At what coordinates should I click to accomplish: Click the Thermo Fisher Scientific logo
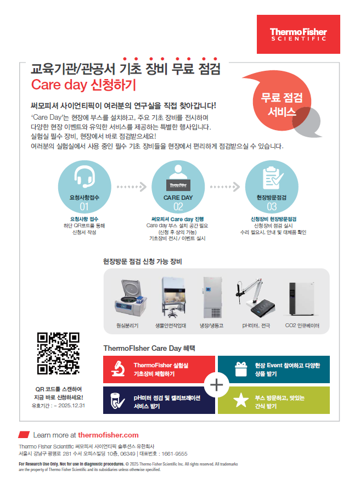tap(298, 34)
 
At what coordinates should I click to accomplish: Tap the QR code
tap(58, 353)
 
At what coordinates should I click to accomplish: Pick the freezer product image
tap(212, 297)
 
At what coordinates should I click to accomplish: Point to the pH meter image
tap(255, 298)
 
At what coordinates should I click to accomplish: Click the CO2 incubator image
tap(302, 299)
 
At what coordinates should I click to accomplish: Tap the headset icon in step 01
tap(85, 177)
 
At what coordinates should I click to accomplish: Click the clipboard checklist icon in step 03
tap(273, 178)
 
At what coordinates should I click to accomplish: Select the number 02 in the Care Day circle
tap(178, 206)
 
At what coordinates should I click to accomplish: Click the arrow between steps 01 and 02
tap(132, 187)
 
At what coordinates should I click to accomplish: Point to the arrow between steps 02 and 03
tap(225, 187)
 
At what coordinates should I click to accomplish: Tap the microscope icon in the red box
tap(118, 369)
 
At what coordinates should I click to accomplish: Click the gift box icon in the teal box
tap(241, 369)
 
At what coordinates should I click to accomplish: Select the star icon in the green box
tap(241, 400)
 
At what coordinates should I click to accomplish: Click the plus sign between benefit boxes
tap(217, 385)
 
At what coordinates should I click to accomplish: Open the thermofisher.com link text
tap(108, 435)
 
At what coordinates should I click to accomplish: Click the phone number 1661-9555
tap(175, 453)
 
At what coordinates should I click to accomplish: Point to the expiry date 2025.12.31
tap(71, 406)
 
